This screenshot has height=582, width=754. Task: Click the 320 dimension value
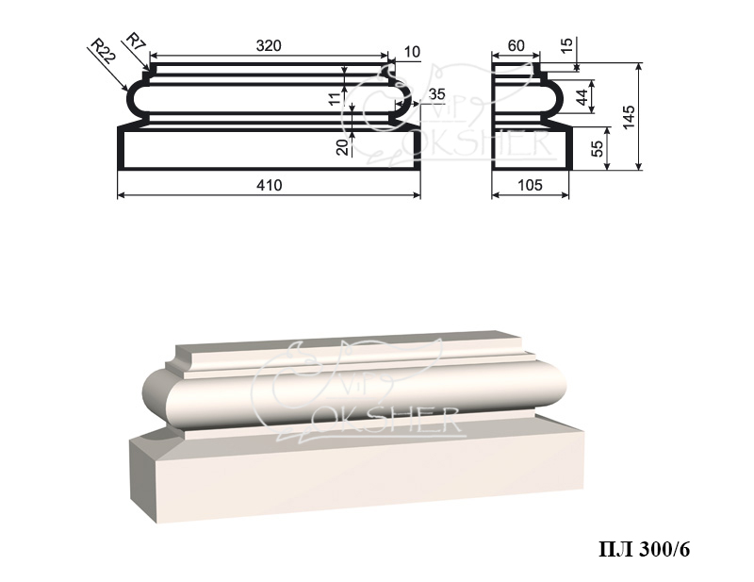(x=269, y=45)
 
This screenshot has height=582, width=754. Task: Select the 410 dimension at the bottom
(x=270, y=185)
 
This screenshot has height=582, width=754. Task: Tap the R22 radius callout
(x=104, y=52)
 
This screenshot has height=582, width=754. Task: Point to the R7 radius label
(x=136, y=42)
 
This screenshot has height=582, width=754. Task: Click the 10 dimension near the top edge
(x=412, y=52)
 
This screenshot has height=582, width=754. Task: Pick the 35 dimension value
(x=436, y=94)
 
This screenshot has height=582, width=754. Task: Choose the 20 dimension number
(x=342, y=147)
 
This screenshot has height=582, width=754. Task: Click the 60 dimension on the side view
(x=516, y=45)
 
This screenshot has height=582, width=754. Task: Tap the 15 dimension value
(x=567, y=44)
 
